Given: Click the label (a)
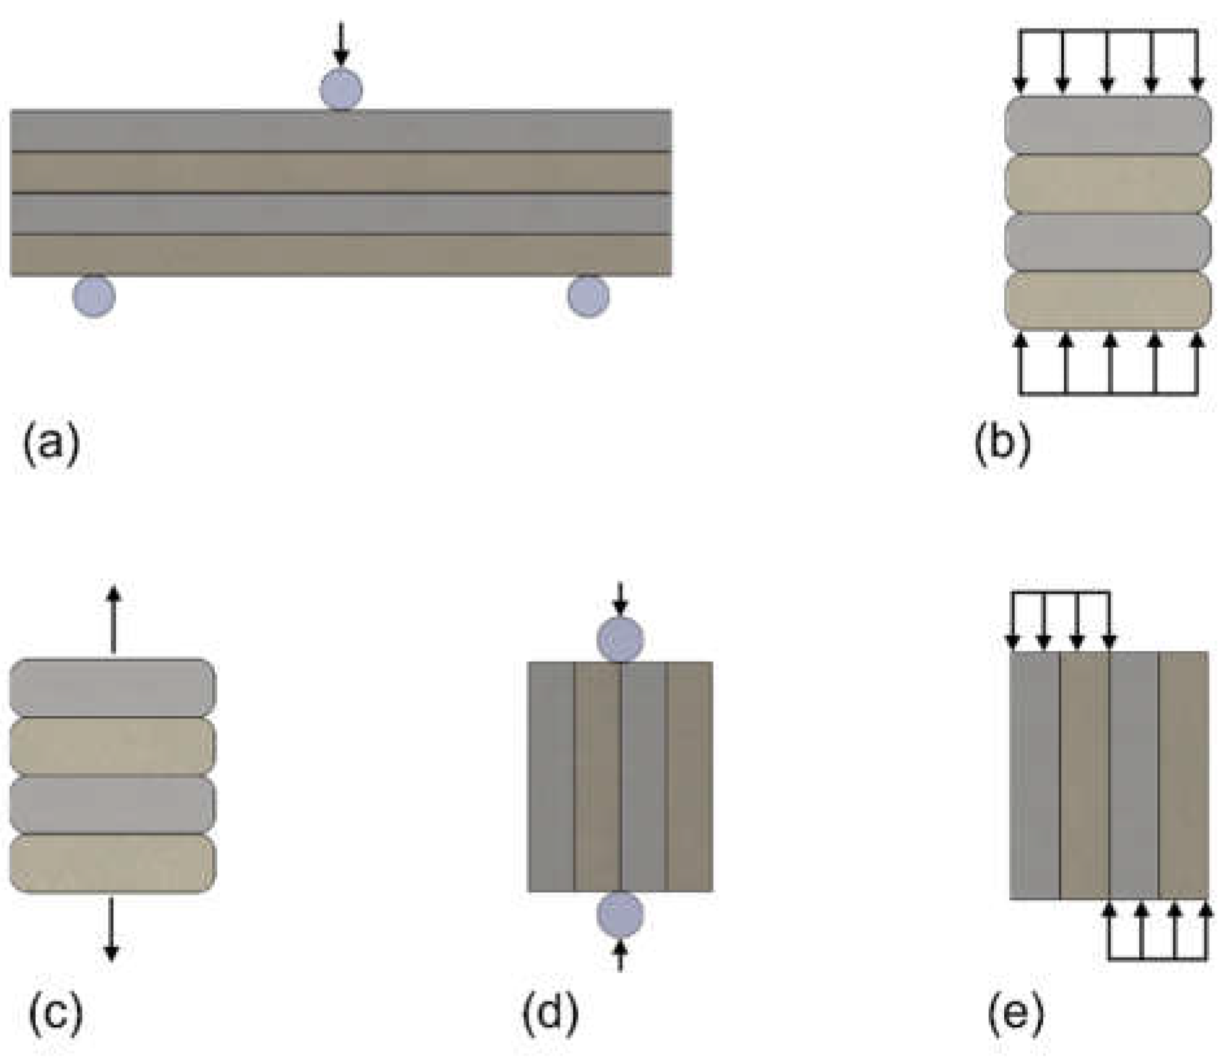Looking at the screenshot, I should coord(51,444).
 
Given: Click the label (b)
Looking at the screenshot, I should coord(1002,446).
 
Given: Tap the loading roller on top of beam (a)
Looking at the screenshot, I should coord(341,90).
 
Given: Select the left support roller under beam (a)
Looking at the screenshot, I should coord(94,296).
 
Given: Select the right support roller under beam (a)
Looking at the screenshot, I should coord(588,296).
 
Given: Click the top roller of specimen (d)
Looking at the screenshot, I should coord(620,640).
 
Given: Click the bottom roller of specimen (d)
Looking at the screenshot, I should coord(620,914).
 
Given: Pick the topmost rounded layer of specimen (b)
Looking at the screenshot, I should coord(1107,125).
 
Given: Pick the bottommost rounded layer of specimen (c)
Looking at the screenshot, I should coord(112,864).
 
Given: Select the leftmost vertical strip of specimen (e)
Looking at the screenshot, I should coord(1035,775).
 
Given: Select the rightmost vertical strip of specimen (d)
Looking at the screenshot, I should coord(690,777).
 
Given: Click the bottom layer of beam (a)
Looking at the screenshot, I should coord(341,255).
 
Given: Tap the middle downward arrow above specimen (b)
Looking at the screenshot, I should coord(1107,62).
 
